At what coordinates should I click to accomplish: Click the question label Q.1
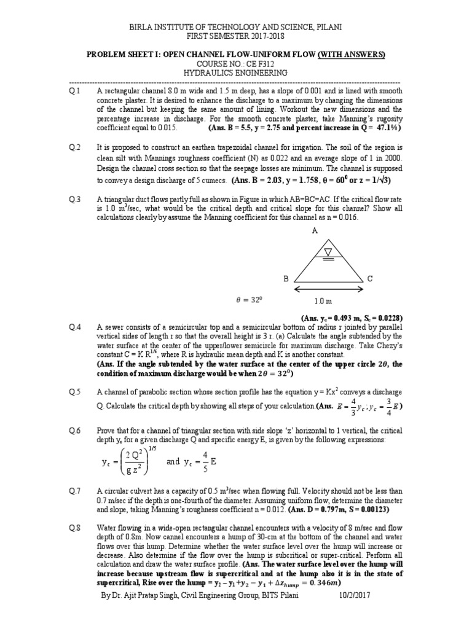tap(75, 91)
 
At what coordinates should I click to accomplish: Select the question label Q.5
tap(75, 391)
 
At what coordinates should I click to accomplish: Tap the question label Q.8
tap(75, 528)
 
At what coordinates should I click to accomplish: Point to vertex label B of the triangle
tap(285, 278)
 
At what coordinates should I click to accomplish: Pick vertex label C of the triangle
tap(370, 278)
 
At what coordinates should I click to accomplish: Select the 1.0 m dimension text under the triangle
tap(323, 302)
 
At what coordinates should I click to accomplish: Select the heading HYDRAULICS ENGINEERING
tap(235, 73)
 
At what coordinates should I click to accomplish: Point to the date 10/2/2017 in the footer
tap(356, 596)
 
